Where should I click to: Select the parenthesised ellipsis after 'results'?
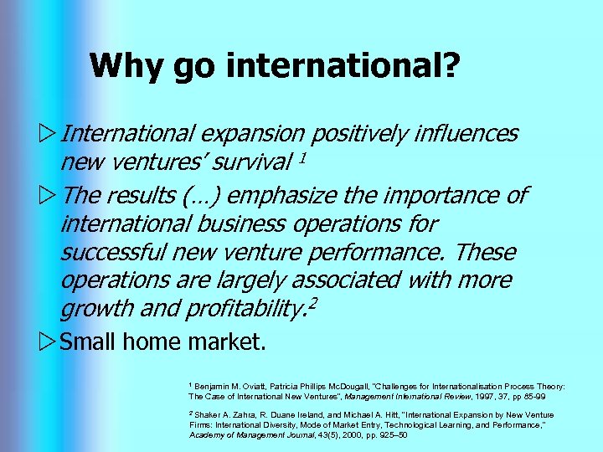click(197, 196)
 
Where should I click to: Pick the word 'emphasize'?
click(281, 196)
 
